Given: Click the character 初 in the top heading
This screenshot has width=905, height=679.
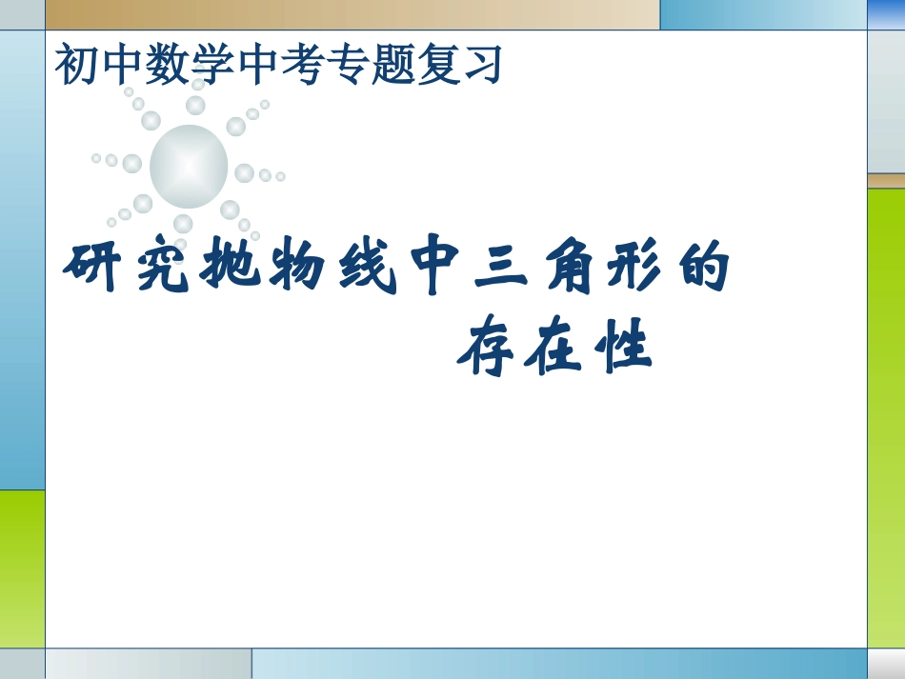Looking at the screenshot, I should [77, 64].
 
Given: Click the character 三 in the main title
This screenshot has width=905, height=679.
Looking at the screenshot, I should [503, 269].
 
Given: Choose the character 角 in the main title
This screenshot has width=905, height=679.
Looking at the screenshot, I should [570, 269].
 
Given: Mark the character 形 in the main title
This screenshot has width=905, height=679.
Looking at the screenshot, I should [637, 269].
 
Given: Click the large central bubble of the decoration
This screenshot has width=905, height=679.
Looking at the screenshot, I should [189, 167].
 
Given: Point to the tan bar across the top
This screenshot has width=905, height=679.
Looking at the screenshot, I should [352, 14].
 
